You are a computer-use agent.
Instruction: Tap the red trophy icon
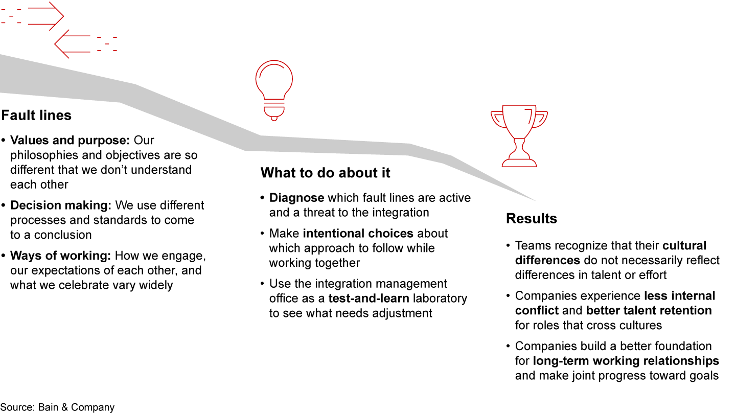tap(519, 135)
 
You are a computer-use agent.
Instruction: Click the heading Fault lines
tap(36, 116)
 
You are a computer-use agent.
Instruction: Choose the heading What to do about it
tap(325, 173)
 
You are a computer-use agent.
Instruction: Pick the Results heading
tap(531, 219)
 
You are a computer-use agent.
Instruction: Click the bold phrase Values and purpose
tap(70, 141)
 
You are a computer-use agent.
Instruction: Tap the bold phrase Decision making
tap(60, 205)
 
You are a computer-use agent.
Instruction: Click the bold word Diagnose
tap(296, 198)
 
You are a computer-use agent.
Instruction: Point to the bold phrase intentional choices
tap(358, 234)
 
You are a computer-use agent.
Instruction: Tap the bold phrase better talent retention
tap(649, 311)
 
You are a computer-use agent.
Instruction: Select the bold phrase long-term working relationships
tap(626, 361)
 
